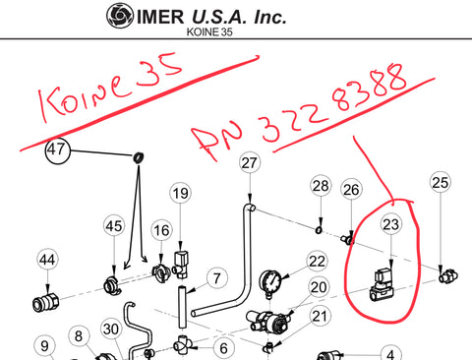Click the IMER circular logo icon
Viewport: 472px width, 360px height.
(x=120, y=16)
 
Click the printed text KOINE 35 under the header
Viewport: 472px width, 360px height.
(x=209, y=31)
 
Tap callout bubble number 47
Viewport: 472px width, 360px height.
(x=58, y=150)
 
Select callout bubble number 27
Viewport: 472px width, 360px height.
(x=250, y=162)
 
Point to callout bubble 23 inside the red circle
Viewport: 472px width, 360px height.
(x=391, y=224)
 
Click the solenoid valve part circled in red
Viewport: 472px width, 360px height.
(x=382, y=284)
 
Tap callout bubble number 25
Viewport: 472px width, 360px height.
(x=440, y=182)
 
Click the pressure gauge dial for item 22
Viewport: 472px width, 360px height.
(x=270, y=282)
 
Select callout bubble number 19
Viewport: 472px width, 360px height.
(x=181, y=193)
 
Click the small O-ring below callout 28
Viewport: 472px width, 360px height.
(x=320, y=230)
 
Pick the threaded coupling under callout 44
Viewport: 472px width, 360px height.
(x=46, y=302)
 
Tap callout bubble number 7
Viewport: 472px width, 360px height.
(x=217, y=278)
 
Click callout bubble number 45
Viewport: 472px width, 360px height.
(x=114, y=226)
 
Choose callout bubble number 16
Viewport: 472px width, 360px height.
(x=161, y=231)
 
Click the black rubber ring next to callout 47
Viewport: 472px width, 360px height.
(x=139, y=157)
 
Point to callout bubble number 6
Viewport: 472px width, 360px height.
(x=224, y=348)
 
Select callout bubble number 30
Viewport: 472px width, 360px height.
(x=111, y=329)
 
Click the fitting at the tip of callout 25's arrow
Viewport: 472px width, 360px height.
(x=448, y=275)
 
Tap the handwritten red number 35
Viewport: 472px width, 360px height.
(x=159, y=70)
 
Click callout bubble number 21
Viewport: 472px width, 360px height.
(x=320, y=317)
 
